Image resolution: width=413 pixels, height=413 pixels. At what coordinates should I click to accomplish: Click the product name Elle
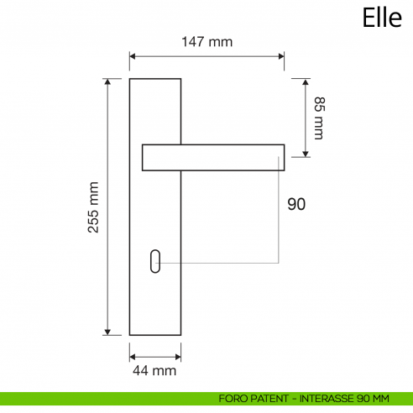click(382, 18)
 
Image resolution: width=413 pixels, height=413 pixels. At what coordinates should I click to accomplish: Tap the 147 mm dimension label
click(207, 41)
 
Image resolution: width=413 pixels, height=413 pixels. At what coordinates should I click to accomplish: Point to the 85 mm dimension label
click(318, 118)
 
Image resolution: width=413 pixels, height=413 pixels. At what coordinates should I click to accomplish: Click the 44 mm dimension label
click(155, 369)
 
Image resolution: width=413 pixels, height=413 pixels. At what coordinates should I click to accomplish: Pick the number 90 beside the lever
click(296, 204)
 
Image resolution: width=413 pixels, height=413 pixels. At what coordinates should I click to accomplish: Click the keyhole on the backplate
click(156, 262)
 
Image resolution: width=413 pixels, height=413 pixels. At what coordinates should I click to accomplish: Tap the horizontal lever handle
click(213, 157)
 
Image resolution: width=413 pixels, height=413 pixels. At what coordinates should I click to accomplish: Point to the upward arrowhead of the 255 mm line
click(107, 82)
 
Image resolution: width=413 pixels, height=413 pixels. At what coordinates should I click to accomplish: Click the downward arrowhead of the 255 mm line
click(107, 332)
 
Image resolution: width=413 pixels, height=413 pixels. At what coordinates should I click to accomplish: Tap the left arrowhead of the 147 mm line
click(133, 57)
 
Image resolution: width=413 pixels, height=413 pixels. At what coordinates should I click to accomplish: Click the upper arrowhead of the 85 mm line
click(306, 82)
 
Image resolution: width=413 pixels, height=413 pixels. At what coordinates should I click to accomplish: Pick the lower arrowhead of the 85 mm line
click(306, 154)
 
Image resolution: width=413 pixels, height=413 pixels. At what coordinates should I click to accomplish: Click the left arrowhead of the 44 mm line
click(133, 353)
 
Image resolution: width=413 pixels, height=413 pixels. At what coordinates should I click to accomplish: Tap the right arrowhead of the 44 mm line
click(178, 353)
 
